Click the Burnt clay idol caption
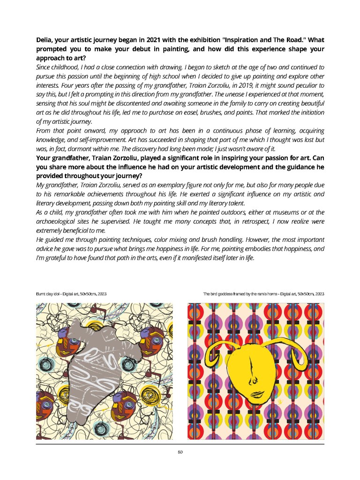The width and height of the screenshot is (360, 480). click(71, 294)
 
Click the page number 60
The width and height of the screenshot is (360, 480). click(180, 452)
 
